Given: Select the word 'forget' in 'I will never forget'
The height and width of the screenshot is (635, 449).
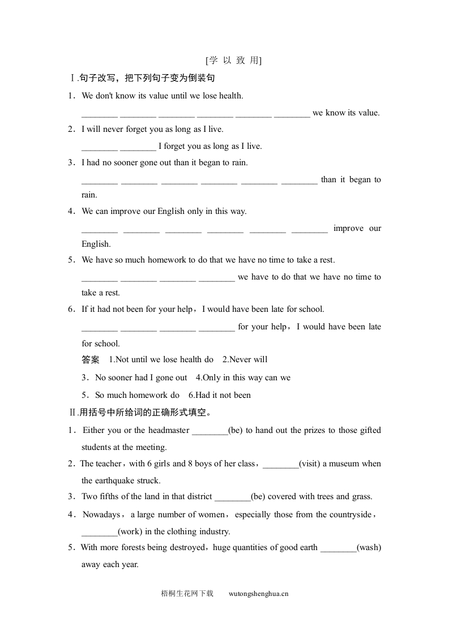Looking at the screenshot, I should pyautogui.click(x=138, y=129).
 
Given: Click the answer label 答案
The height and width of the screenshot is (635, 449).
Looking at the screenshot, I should pyautogui.click(x=91, y=359).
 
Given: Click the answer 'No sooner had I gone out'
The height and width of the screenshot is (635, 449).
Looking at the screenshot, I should pyautogui.click(x=141, y=377).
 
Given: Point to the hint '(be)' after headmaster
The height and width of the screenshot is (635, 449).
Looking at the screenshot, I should pyautogui.click(x=236, y=430).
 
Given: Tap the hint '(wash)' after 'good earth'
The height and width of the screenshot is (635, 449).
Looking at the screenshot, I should pyautogui.click(x=369, y=547).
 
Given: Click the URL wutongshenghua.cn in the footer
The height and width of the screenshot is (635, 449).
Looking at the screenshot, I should pyautogui.click(x=259, y=594).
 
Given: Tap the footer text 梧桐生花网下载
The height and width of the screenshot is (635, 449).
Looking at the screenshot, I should pyautogui.click(x=187, y=594).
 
